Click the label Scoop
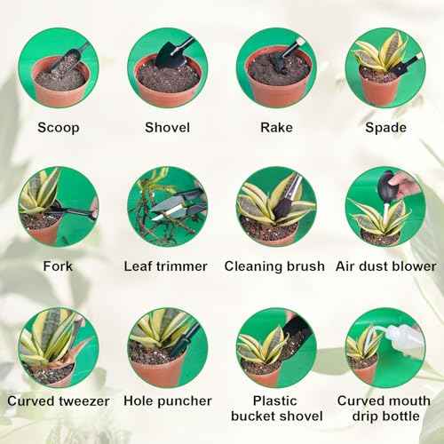[x=58, y=127]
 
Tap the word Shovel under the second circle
[x=167, y=127]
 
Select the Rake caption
[x=276, y=127]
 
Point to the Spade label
[x=385, y=127]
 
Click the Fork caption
[x=58, y=266]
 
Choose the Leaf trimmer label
[x=167, y=266]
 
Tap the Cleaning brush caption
[x=276, y=266]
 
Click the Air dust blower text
[x=385, y=266]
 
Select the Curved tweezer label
[x=58, y=400]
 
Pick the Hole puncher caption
[x=167, y=400]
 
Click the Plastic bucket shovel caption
[x=276, y=408]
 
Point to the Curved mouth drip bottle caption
[x=385, y=408]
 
